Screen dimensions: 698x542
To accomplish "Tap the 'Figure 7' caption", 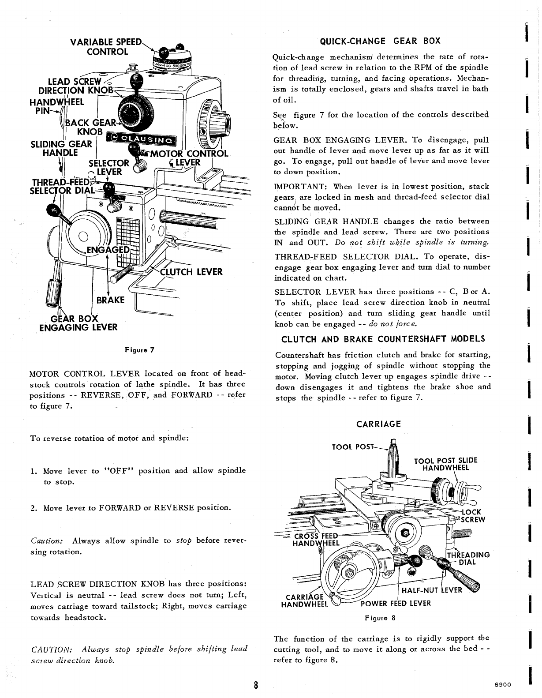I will [139, 350].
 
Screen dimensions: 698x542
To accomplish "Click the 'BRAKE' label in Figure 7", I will [110, 300].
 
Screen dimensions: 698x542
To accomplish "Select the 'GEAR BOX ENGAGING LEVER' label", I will [78, 323].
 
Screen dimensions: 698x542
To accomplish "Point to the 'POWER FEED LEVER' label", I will [396, 604].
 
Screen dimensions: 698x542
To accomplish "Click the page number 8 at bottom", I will [256, 686].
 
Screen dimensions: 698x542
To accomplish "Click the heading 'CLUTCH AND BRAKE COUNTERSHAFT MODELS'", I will [383, 339].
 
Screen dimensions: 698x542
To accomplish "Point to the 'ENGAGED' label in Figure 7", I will [108, 250].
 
